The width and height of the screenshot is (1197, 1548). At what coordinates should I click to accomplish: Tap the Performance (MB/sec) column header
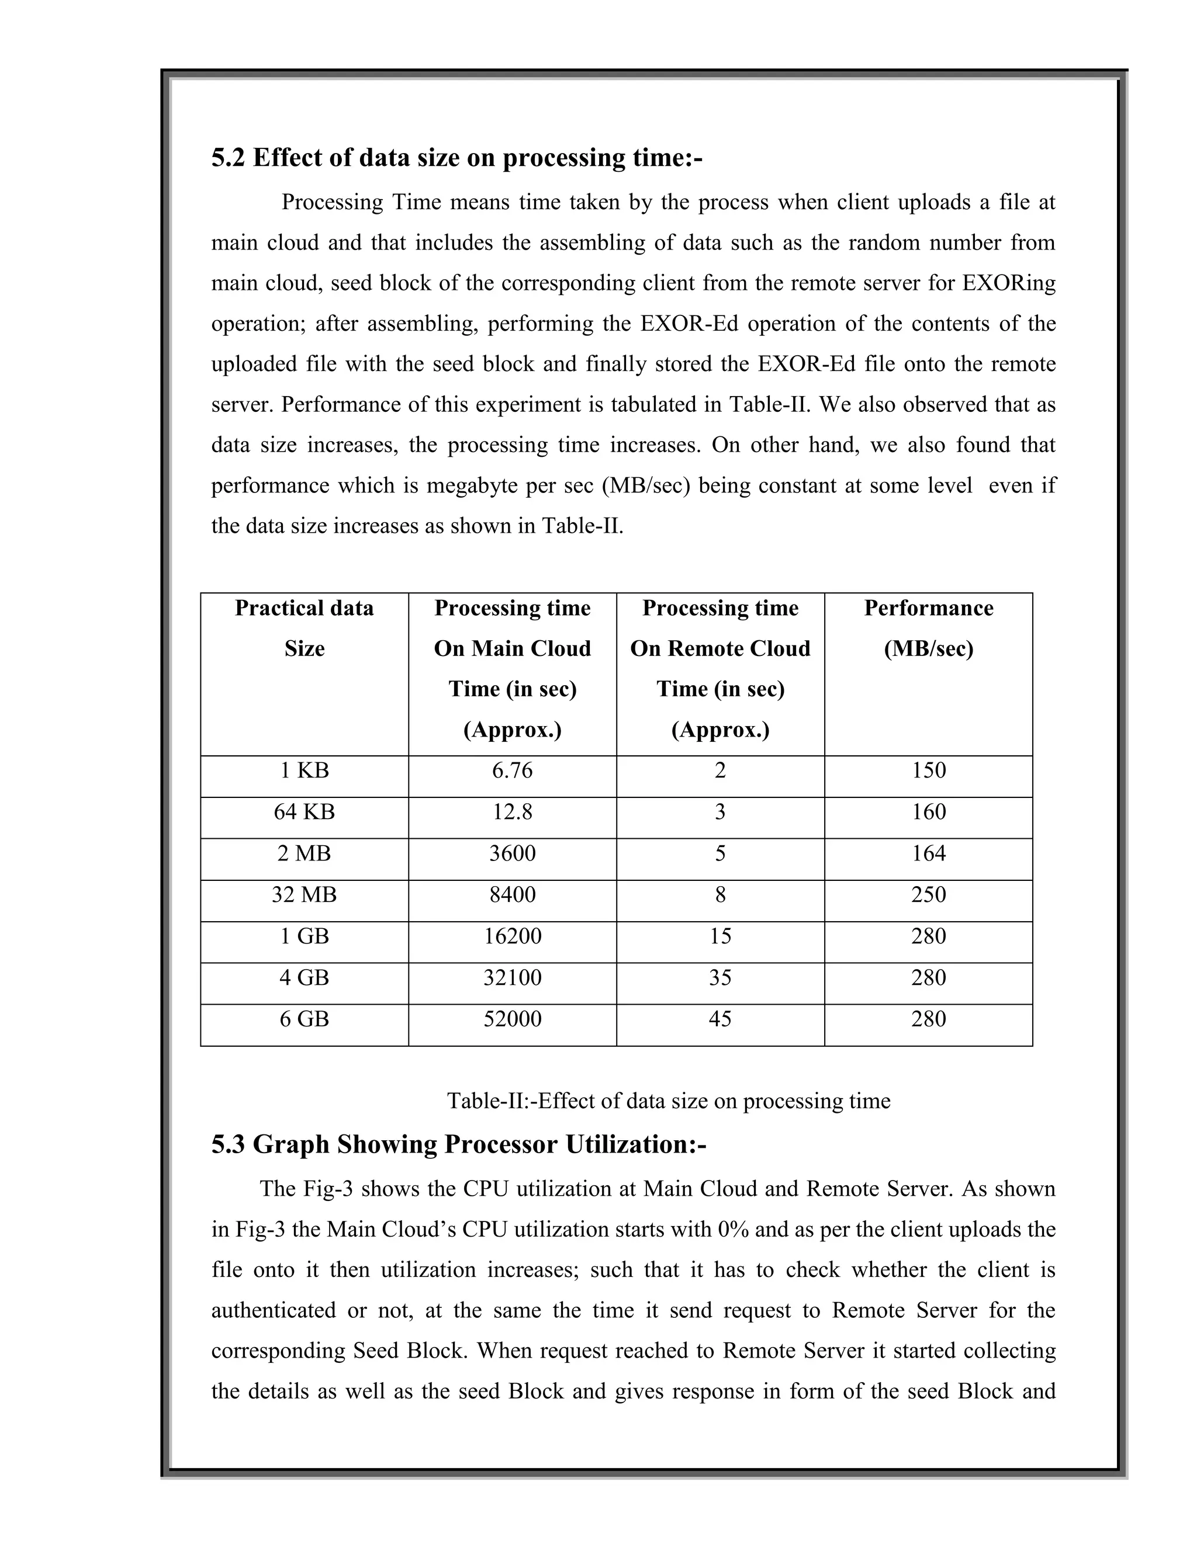click(x=928, y=628)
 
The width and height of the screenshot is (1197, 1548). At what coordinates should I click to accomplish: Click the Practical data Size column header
click(x=304, y=628)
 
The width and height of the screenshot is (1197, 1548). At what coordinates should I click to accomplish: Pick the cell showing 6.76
click(x=512, y=770)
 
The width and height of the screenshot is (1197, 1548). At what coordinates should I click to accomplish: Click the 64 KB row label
click(x=304, y=811)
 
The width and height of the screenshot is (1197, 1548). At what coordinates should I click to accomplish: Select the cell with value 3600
click(x=512, y=853)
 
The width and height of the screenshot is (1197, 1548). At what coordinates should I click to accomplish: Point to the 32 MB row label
click(x=304, y=894)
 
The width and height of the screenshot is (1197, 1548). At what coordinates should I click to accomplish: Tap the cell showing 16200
click(x=512, y=936)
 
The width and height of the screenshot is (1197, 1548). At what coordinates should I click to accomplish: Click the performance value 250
click(x=928, y=894)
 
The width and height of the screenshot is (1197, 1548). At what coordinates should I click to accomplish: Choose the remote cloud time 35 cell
click(x=719, y=978)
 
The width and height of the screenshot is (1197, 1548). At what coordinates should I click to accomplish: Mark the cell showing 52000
click(x=512, y=1019)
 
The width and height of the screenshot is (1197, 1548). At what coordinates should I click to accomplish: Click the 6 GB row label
click(x=304, y=1019)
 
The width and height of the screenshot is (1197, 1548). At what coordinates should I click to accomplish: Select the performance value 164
click(x=928, y=853)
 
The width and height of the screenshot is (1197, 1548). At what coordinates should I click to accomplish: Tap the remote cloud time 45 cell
click(x=719, y=1019)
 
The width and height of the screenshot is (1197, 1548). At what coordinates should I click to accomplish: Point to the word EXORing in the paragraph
click(x=1008, y=283)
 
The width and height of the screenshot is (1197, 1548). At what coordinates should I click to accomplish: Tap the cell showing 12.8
click(x=512, y=811)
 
